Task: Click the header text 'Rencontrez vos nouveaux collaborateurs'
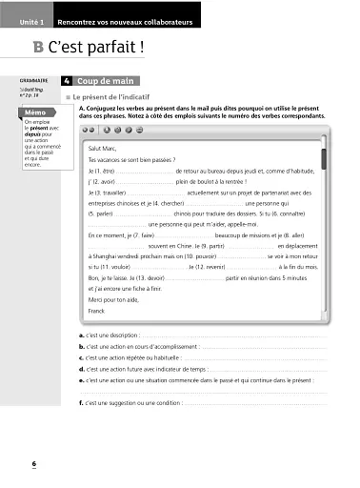(x=138, y=20)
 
